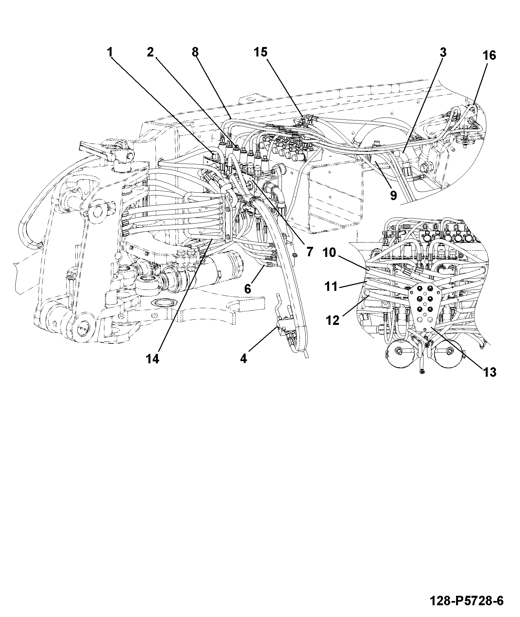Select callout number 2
[x=150, y=52]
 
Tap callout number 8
[x=195, y=52]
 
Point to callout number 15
[x=261, y=52]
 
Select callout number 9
[x=393, y=196]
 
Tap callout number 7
[x=309, y=252]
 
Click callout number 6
[x=248, y=289]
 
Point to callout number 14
[x=152, y=359]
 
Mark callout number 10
[x=330, y=253]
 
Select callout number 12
[x=333, y=321]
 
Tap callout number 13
[x=489, y=372]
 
